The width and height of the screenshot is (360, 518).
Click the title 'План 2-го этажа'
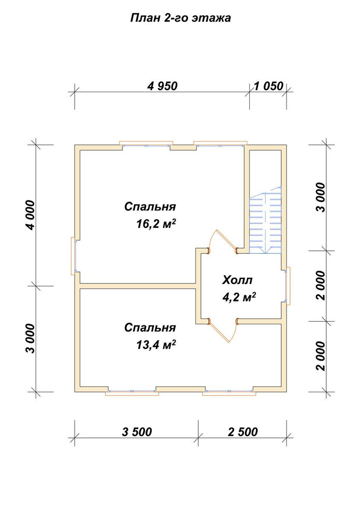tap(180, 18)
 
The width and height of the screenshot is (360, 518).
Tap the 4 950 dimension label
tap(163, 86)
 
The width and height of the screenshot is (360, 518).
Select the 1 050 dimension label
tap(268, 86)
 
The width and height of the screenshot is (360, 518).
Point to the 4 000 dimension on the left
tap(30, 215)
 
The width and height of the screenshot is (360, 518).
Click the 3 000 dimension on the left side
tap(30, 338)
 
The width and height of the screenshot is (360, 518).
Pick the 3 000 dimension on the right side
tap(320, 197)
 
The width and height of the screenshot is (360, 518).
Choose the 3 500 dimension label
tap(137, 432)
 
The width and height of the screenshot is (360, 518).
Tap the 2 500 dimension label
tap(243, 432)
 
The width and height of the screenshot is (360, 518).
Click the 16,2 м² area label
tap(155, 224)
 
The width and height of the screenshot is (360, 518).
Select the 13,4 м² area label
tap(155, 345)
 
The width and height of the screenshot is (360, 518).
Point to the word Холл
tap(237, 280)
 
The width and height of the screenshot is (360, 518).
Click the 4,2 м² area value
tap(239, 297)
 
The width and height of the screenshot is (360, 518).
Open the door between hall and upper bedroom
tap(222, 241)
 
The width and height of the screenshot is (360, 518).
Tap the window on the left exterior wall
tap(74, 256)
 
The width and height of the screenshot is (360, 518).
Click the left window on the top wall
tap(146, 143)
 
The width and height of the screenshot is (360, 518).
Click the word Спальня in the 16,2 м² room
tap(150, 207)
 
